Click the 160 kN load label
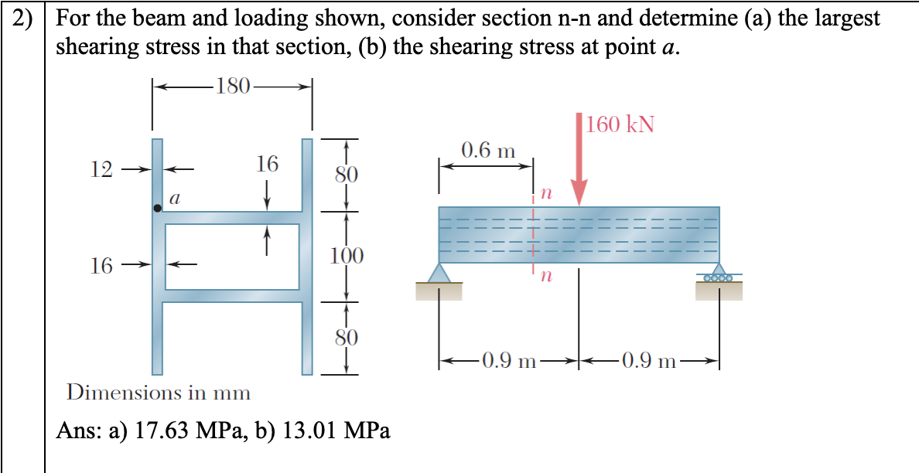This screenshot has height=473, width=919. point(620,124)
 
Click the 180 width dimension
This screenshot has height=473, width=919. point(232,85)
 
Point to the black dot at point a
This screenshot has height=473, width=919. point(158,208)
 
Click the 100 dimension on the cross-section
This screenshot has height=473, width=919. point(345,255)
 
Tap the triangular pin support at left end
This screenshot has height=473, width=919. point(439,273)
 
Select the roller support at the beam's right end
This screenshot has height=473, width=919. point(719,274)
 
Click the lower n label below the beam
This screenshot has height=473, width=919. point(546,276)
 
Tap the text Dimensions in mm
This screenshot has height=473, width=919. point(159,393)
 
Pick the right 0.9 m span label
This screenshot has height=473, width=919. point(648,360)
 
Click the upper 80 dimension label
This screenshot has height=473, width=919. point(345,174)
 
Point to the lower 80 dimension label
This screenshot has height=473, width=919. point(345,337)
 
